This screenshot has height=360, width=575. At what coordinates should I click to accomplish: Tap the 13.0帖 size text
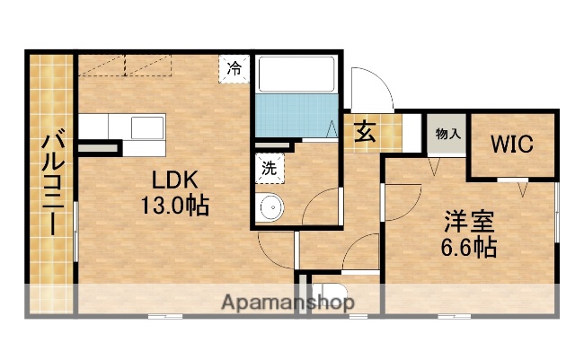point(173,206)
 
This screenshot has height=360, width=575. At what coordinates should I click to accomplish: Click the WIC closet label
point(512,145)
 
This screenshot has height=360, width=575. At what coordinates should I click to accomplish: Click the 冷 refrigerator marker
point(234,68)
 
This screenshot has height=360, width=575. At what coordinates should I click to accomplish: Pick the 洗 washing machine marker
point(270,166)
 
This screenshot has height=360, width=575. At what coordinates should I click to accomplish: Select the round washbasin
point(270,209)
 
